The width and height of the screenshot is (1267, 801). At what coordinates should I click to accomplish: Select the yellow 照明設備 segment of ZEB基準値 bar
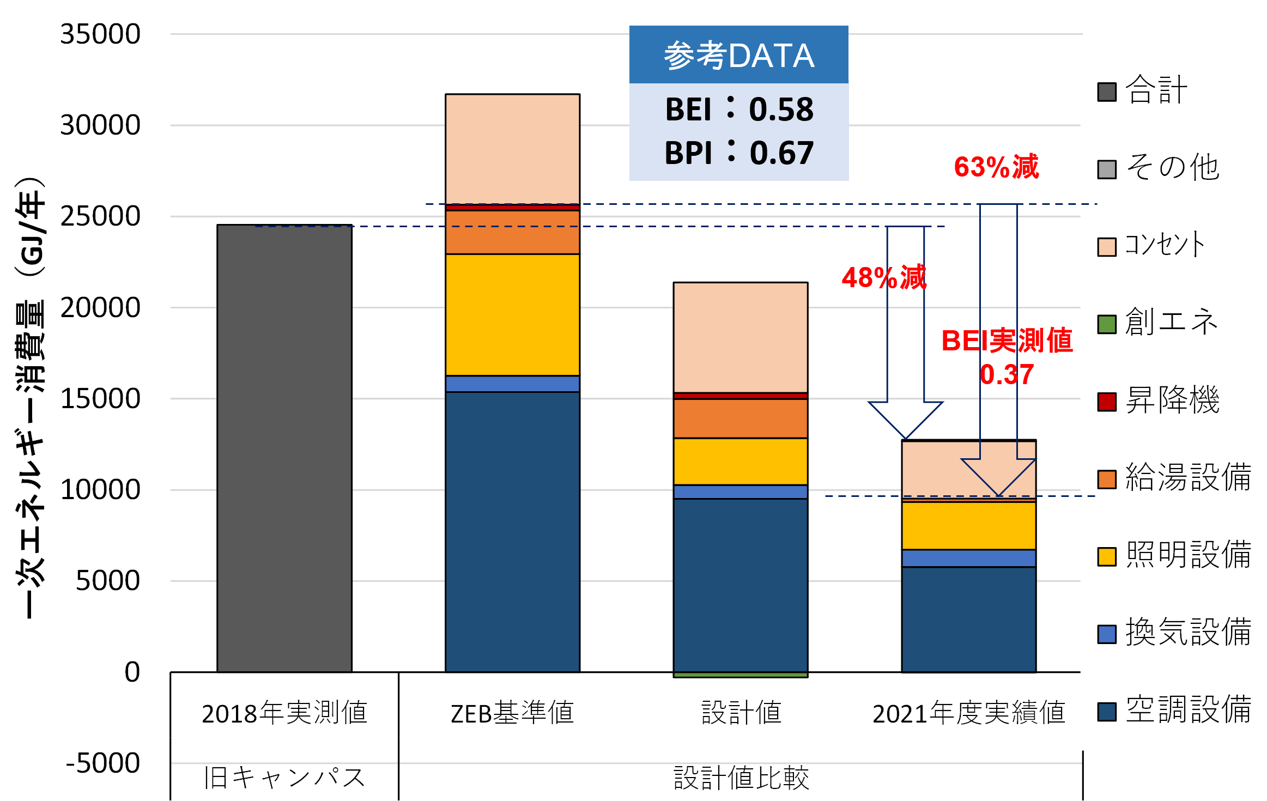(512, 314)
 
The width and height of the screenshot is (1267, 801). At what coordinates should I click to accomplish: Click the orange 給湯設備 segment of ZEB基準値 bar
(512, 232)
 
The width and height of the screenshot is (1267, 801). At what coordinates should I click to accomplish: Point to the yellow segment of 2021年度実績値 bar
(968, 525)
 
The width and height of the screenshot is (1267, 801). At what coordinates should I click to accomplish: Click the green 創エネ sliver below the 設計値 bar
(740, 675)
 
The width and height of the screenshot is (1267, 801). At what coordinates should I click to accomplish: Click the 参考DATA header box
(738, 54)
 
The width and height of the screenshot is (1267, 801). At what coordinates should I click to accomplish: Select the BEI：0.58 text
(738, 109)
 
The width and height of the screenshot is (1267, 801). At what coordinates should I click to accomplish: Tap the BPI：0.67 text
(738, 153)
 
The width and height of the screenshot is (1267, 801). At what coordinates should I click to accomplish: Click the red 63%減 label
(996, 167)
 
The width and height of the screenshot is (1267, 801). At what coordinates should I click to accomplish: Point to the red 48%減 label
(883, 277)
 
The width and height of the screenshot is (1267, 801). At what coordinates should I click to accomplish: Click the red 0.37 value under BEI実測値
(1007, 374)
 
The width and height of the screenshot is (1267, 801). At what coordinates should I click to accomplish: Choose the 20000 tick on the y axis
(100, 308)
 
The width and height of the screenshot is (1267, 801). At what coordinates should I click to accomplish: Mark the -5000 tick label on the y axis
(103, 763)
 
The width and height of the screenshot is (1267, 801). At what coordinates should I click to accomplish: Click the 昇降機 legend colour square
(1107, 402)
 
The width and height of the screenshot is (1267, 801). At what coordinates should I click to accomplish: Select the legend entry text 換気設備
(1188, 632)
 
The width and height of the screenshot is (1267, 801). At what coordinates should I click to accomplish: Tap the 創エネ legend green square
(1107, 324)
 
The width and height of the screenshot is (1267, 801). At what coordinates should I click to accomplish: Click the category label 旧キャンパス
(284, 778)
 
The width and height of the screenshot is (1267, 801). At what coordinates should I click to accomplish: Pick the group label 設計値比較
(741, 778)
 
